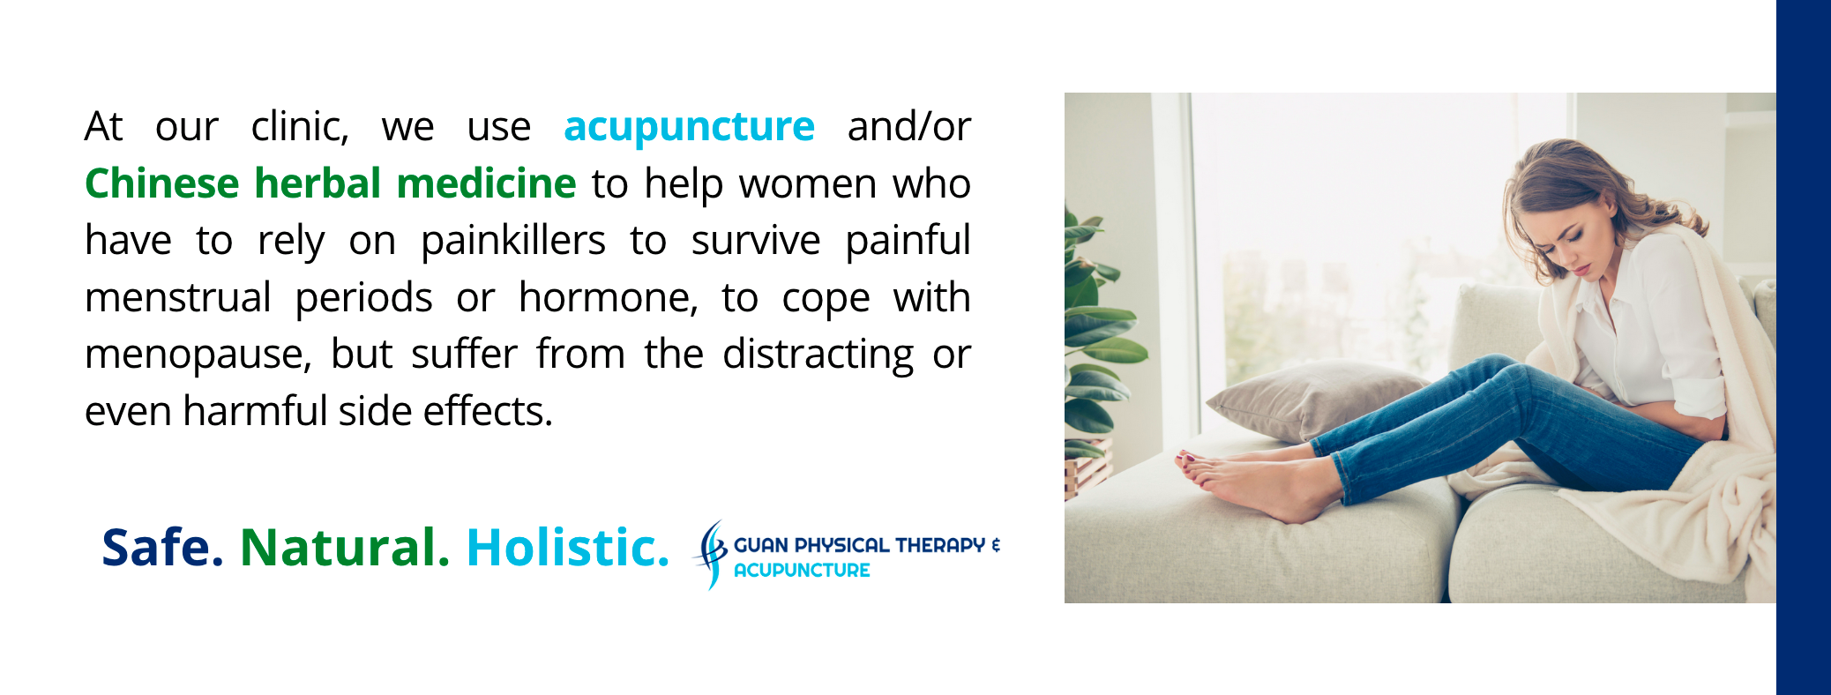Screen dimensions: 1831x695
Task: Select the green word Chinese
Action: [x=161, y=183]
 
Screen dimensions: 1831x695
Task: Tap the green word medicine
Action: [x=486, y=183]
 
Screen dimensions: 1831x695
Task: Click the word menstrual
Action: [x=177, y=297]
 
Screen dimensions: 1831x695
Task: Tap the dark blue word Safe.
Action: [x=162, y=548]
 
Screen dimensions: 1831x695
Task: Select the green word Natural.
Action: [x=345, y=548]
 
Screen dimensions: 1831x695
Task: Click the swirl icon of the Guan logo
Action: [x=711, y=554]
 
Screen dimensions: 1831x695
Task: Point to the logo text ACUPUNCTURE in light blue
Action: [x=802, y=571]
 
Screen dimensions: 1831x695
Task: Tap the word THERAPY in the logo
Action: [x=940, y=545]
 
